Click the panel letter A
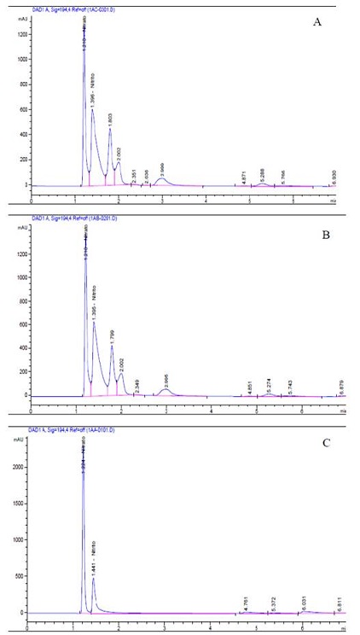pyautogui.click(x=316, y=22)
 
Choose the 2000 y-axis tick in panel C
pyautogui.click(x=19, y=467)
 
